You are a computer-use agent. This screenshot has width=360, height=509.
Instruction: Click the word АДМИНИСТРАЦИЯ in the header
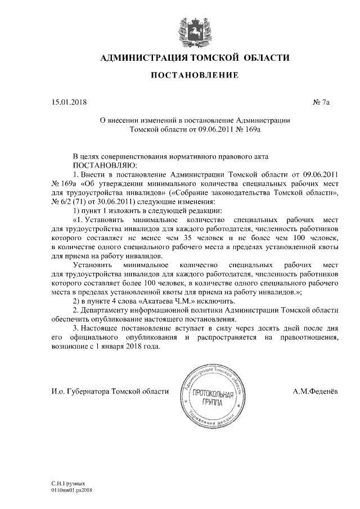click(x=142, y=58)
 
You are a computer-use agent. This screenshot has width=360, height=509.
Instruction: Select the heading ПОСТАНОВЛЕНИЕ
click(x=194, y=75)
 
